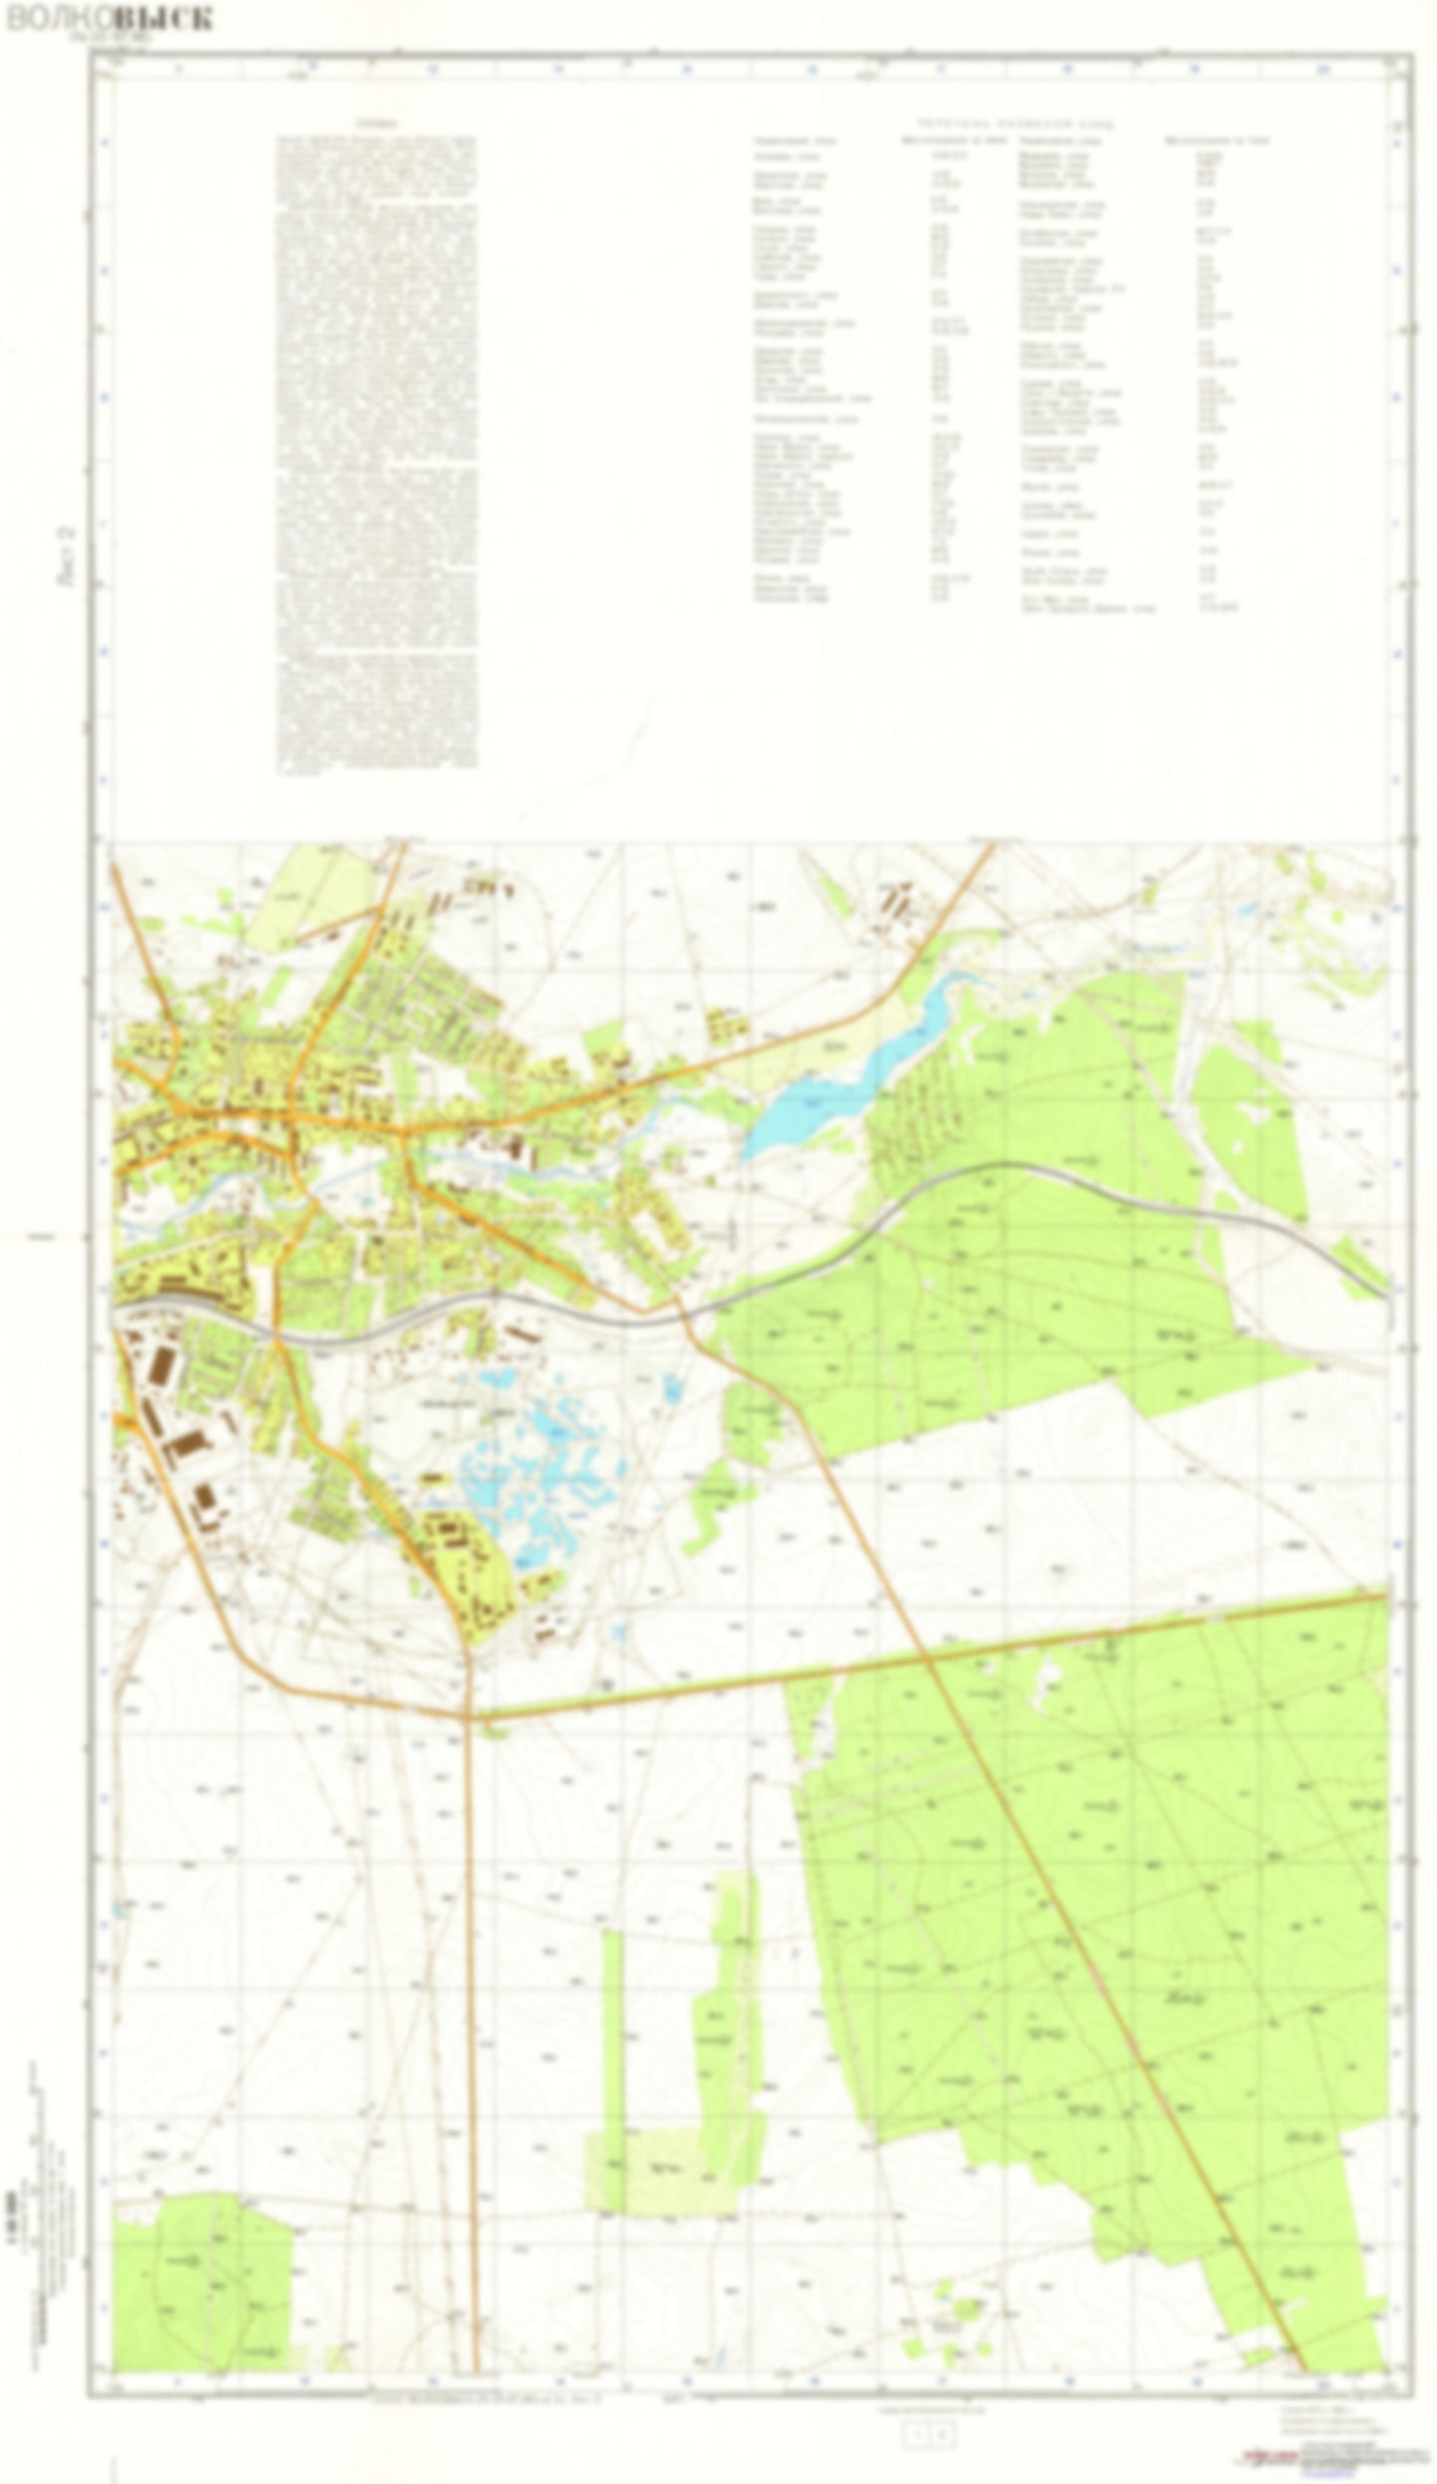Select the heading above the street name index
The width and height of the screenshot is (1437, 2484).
[1013, 125]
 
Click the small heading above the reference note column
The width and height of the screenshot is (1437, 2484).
[375, 125]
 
